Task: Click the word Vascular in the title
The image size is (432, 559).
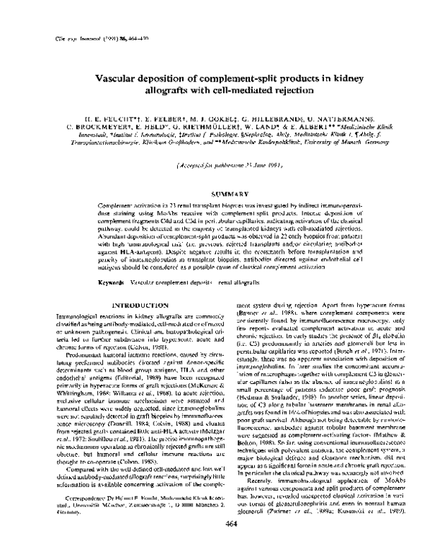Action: click(119, 79)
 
